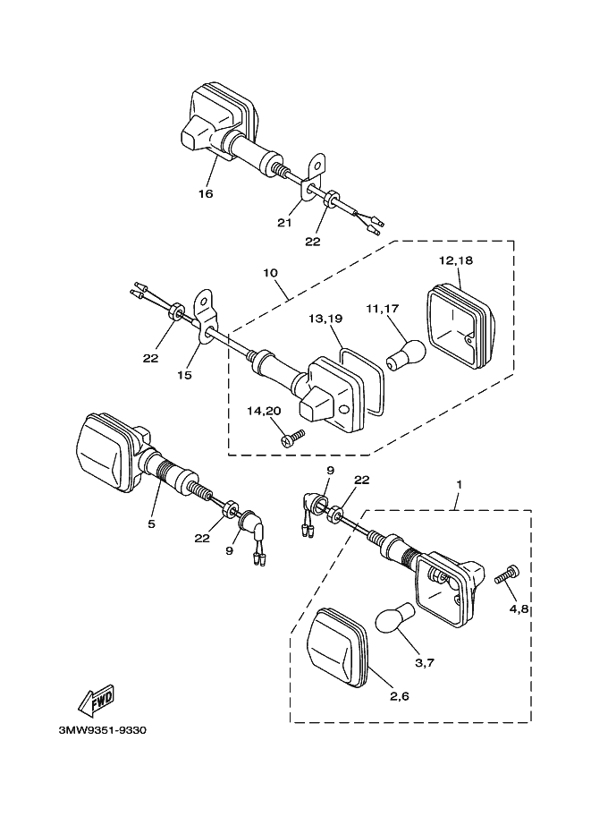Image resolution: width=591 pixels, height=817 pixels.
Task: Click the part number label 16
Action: [x=207, y=193]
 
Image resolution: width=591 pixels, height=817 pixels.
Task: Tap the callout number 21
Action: [x=285, y=223]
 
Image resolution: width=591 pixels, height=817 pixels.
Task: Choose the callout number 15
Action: [x=183, y=375]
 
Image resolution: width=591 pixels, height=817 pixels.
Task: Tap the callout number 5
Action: [x=151, y=523]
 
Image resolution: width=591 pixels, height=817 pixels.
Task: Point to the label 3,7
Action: [x=426, y=662]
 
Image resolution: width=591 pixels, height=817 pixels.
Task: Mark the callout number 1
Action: [x=459, y=484]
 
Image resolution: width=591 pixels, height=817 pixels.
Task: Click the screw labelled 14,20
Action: [x=292, y=438]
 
